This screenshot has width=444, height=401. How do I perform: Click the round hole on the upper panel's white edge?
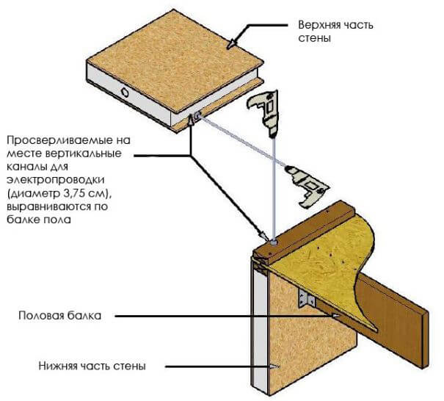[125, 93]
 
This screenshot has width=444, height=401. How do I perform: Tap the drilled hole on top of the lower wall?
[272, 240]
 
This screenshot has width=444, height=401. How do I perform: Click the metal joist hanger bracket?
[307, 299]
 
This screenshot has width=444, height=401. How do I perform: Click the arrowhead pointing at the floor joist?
[335, 316]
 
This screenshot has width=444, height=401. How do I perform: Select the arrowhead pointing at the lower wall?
[274, 365]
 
